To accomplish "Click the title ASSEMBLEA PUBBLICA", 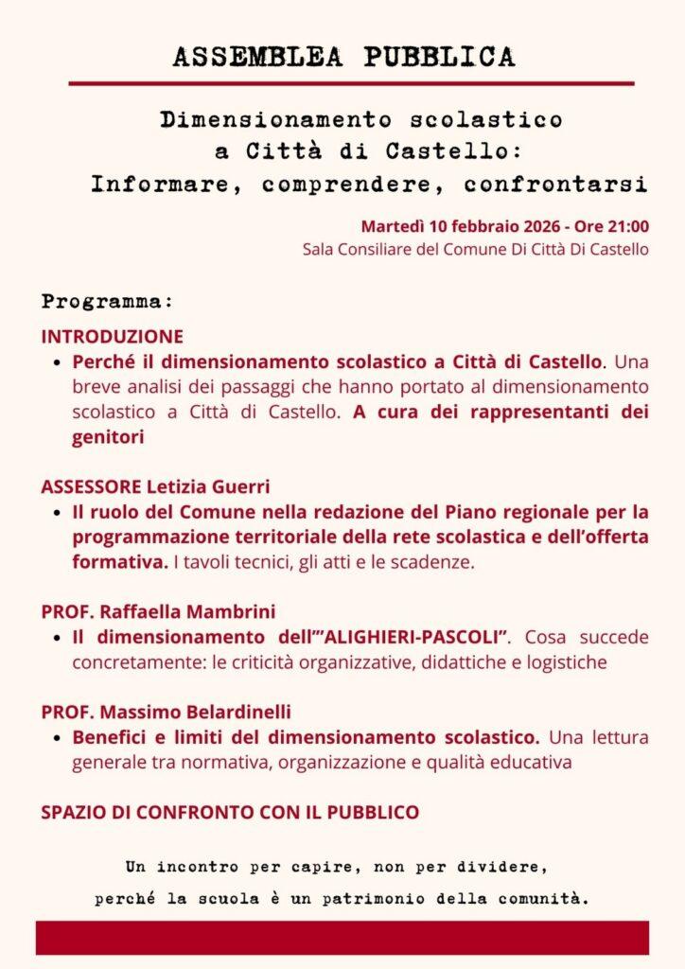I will click(x=343, y=57).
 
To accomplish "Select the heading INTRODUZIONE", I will click(x=112, y=336).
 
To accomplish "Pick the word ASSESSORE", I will click(x=91, y=486).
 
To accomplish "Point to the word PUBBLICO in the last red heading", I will click(x=373, y=812).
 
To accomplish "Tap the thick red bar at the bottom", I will click(x=342, y=938).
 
